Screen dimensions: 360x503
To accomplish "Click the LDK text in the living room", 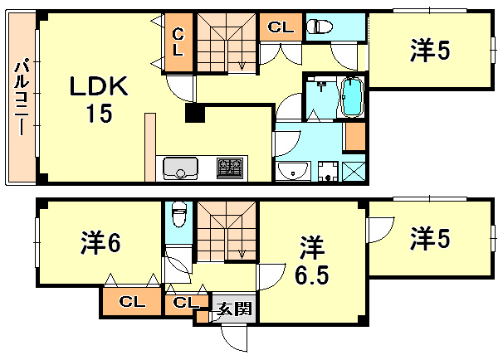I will coord(98,87).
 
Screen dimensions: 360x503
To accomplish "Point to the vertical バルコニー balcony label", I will coord(22,100).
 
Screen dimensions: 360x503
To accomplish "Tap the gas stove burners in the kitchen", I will coord(229,168).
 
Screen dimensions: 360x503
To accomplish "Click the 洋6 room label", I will coord(101,243).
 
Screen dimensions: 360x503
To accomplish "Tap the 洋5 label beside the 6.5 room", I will coord(430,239).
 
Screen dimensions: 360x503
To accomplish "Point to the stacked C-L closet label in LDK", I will coord(178,41).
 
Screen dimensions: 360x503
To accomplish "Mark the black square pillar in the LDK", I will coord(193,114).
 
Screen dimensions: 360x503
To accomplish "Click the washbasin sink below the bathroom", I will coord(291,172).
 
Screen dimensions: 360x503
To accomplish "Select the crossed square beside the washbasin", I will coord(354,173).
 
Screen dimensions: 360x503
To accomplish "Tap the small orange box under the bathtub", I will coord(354,135).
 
